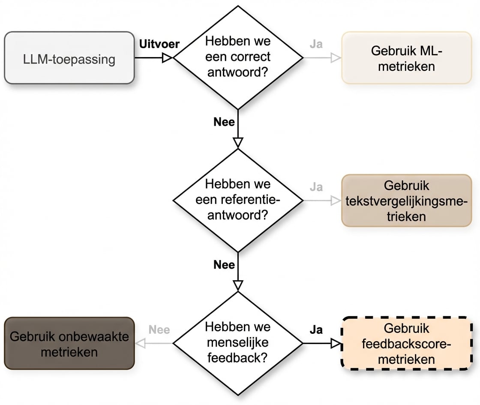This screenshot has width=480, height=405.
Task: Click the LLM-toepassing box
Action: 69,57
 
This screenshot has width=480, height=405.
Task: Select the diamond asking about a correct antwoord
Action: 237,57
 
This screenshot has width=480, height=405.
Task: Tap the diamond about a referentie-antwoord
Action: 237,200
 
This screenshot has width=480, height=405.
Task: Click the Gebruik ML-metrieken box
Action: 406,57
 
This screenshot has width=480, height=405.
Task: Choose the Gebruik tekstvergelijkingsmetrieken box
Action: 406,200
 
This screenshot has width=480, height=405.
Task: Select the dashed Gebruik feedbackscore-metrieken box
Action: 406,343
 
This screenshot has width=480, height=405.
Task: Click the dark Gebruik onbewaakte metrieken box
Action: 69,343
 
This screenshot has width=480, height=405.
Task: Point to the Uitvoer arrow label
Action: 159,44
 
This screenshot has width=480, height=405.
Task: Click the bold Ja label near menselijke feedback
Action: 316,330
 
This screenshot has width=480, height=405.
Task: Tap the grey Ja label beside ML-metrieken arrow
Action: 316,44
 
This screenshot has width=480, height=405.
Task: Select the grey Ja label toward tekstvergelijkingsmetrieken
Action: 316,187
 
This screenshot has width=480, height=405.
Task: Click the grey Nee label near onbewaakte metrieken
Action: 159,330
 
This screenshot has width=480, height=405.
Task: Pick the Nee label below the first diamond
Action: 224,122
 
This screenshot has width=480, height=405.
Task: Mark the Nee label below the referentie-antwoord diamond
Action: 224,265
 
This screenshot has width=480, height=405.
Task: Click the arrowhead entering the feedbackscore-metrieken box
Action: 336,343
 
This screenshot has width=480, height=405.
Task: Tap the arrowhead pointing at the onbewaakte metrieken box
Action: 140,343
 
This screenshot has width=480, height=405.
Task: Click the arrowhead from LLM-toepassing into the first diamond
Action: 167,57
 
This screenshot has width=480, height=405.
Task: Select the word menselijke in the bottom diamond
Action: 237,343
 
